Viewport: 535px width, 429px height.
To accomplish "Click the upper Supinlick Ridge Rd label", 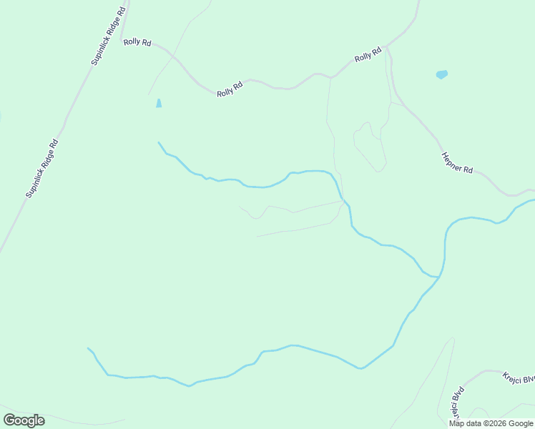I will (x=109, y=36).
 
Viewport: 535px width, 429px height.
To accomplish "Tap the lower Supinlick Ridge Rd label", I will (x=41, y=168).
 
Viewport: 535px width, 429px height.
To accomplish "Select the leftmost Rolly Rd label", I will (x=137, y=42).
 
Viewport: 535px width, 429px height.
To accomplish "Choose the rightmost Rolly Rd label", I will (x=368, y=55).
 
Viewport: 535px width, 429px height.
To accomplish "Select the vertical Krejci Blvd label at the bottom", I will (x=457, y=404).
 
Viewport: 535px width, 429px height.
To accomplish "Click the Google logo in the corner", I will (x=24, y=420).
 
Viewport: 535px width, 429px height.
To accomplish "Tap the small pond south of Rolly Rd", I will (x=158, y=103).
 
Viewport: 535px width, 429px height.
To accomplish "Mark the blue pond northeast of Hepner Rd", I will (x=441, y=74).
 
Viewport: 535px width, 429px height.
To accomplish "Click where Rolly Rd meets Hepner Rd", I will (x=386, y=48).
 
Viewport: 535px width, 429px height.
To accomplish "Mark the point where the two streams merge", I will (x=438, y=276).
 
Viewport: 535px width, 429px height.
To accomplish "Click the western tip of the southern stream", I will (x=88, y=349).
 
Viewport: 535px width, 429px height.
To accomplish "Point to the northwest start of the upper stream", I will (x=158, y=142).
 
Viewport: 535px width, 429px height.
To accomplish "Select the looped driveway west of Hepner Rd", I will (x=368, y=147).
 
